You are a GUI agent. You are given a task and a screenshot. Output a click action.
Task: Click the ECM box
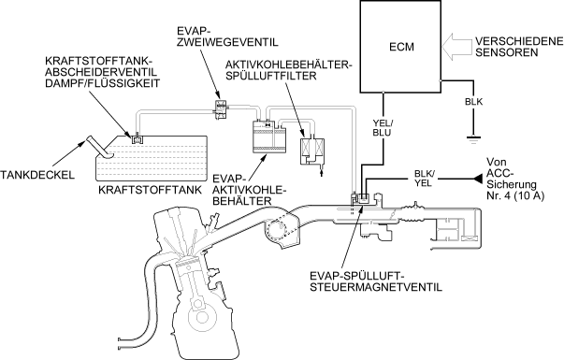tap(400, 46)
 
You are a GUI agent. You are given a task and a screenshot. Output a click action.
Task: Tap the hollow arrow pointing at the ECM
tap(456, 47)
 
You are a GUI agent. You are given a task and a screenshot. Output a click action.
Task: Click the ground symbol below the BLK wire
tap(473, 138)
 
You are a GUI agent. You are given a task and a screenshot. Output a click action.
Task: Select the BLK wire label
tap(473, 102)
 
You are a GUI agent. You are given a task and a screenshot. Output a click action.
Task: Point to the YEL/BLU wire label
tap(382, 128)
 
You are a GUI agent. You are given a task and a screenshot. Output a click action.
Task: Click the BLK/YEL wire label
tap(425, 179)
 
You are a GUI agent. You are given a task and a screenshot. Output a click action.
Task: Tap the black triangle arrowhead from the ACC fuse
tap(478, 178)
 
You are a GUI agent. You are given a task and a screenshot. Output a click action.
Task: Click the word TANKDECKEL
tap(37, 175)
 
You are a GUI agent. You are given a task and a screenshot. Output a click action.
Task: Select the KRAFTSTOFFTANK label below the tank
tap(151, 190)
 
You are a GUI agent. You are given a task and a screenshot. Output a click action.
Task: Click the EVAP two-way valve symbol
tap(220, 108)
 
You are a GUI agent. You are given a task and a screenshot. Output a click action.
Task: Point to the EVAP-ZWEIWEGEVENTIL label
tap(227, 36)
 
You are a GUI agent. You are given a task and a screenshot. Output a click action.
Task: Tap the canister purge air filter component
tap(312, 152)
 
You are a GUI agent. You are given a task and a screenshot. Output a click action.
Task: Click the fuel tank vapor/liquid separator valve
tap(137, 138)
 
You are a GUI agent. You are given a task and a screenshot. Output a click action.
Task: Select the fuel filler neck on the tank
tap(98, 147)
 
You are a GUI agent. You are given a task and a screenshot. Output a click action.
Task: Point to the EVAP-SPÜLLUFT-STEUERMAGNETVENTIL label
tap(376, 281)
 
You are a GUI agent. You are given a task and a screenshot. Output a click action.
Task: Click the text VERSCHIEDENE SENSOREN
tap(519, 47)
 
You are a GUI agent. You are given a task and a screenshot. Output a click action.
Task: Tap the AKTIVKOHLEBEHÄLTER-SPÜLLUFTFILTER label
tap(289, 70)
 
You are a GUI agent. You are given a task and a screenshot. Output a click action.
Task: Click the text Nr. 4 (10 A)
tap(515, 195)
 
